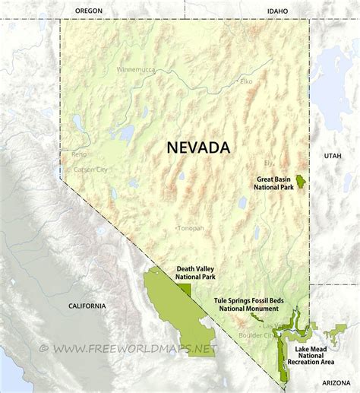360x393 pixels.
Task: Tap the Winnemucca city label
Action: click(136, 69)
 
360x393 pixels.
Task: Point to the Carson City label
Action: click(90, 169)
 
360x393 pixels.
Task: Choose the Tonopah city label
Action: click(190, 228)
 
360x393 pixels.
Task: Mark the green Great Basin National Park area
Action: click(302, 182)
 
